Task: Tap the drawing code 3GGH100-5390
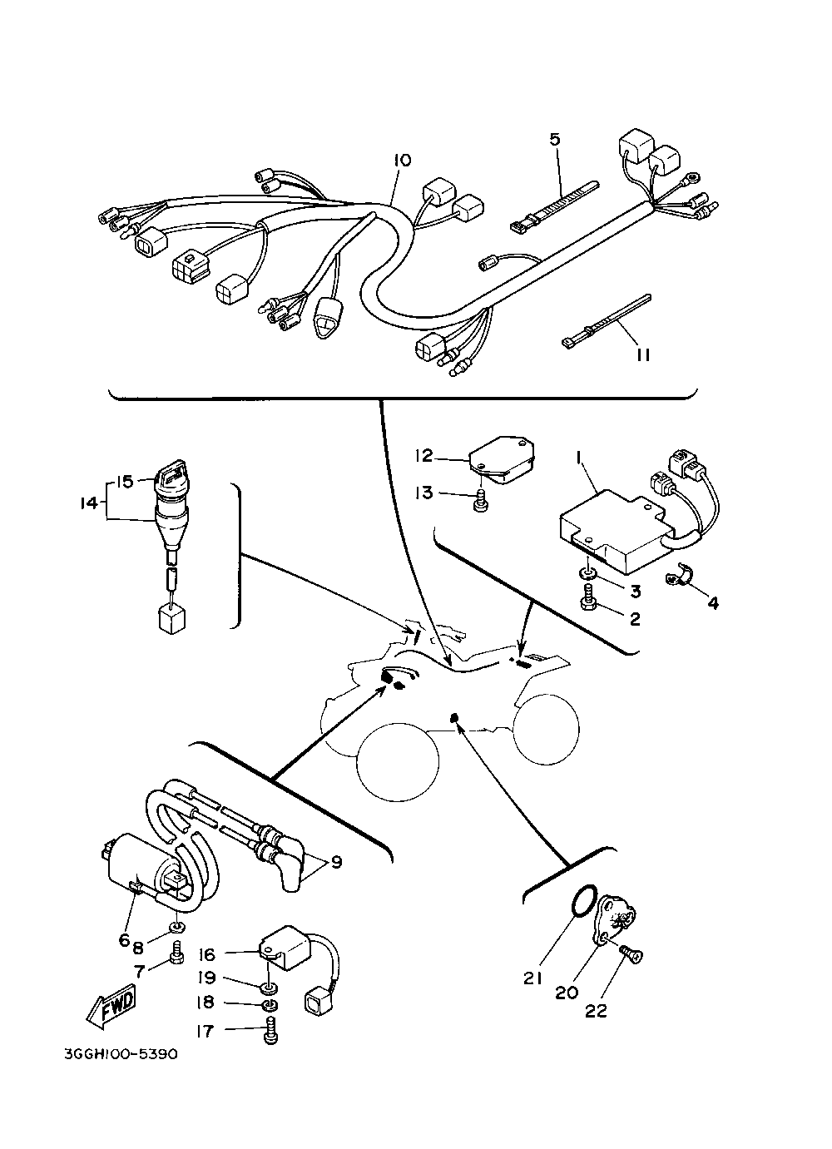pyautogui.click(x=121, y=1054)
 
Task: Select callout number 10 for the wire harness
pyautogui.click(x=402, y=160)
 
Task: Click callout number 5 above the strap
pyautogui.click(x=555, y=138)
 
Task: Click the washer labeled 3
pyautogui.click(x=589, y=573)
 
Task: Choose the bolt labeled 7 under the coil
pyautogui.click(x=177, y=957)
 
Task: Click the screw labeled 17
pyautogui.click(x=270, y=1033)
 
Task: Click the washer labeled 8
pyautogui.click(x=178, y=927)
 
